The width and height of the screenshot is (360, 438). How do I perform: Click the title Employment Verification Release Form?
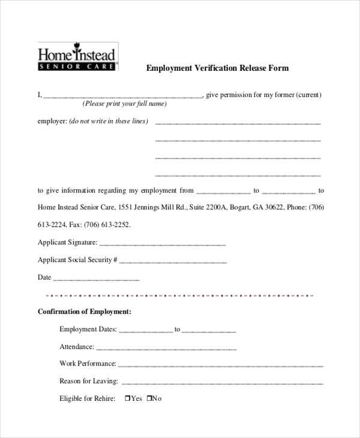pyautogui.click(x=218, y=68)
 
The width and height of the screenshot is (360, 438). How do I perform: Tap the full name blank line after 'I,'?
pyautogui.click(x=123, y=96)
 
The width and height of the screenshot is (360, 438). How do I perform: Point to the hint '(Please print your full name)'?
pyautogui.click(x=125, y=104)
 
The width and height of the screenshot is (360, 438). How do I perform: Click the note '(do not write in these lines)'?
pyautogui.click(x=109, y=121)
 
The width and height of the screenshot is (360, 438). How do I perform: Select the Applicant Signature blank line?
pyautogui.click(x=162, y=245)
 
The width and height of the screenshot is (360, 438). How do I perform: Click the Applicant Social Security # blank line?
pyautogui.click(x=173, y=262)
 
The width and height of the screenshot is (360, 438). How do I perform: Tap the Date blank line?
pyautogui.click(x=97, y=280)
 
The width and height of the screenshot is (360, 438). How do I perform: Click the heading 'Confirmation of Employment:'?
pyautogui.click(x=85, y=312)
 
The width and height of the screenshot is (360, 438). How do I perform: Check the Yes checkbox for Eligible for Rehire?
pyautogui.click(x=128, y=398)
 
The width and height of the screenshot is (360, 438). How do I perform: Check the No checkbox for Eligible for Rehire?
pyautogui.click(x=149, y=398)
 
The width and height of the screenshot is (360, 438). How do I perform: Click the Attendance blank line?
pyautogui.click(x=166, y=349)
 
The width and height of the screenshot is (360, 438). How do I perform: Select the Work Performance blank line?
pyautogui.click(x=221, y=365)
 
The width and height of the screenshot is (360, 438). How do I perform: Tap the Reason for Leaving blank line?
pyautogui.click(x=222, y=383)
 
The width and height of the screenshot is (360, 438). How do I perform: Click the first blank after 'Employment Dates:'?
pyautogui.click(x=146, y=331)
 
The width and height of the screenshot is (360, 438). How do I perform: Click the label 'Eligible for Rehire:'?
pyautogui.click(x=88, y=398)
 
